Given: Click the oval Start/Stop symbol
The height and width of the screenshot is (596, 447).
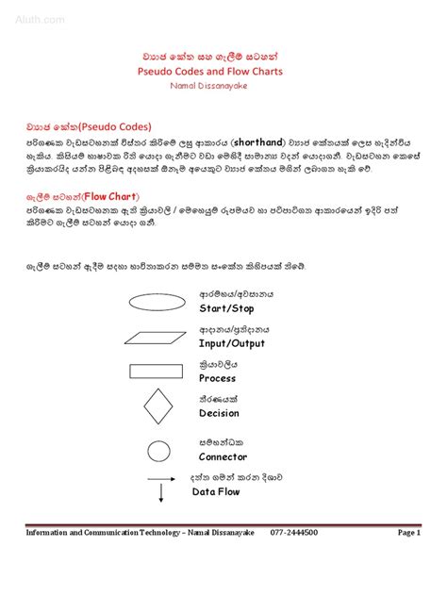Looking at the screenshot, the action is point(156,302).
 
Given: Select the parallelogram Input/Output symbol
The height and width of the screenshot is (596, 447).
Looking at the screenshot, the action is point(156,337).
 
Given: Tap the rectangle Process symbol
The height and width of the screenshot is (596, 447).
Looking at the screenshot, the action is point(156,372).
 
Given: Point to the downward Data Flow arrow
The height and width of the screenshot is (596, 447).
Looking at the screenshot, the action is point(161,489).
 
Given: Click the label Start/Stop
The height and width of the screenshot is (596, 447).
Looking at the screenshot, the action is point(226,308).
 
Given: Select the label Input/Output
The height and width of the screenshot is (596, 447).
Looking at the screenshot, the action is point(232,343).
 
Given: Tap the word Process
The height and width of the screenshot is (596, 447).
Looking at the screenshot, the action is point(217,378).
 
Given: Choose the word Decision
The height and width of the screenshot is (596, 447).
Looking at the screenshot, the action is point(219,413).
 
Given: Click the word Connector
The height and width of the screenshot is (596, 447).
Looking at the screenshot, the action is point(223,457).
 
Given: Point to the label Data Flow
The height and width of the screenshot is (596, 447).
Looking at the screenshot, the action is point(216,491).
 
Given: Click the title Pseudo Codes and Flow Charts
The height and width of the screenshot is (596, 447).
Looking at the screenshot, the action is point(223,71).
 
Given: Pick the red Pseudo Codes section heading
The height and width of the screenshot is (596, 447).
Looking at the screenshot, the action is point(89,125).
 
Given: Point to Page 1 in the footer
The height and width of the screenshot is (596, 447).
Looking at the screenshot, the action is point(408,533).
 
